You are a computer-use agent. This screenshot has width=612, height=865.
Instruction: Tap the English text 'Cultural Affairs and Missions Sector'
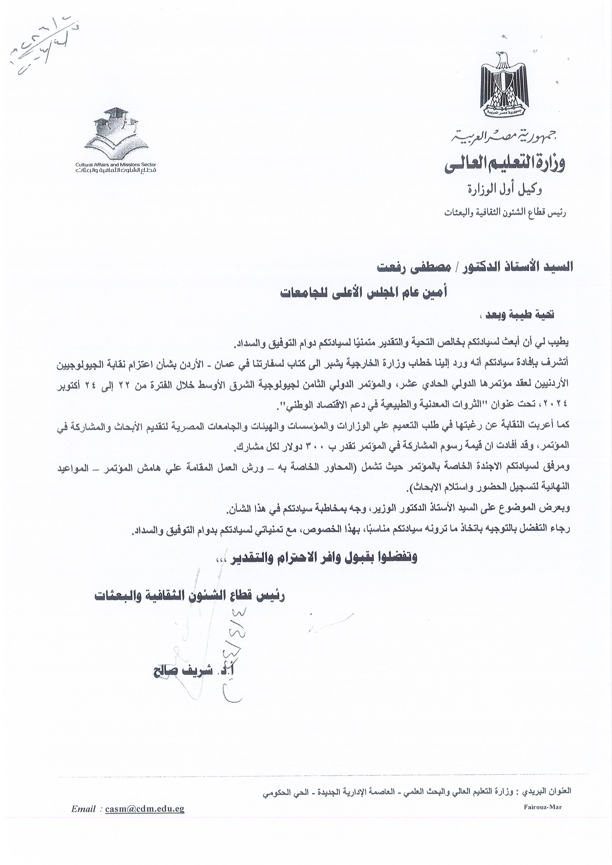tap(116, 165)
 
